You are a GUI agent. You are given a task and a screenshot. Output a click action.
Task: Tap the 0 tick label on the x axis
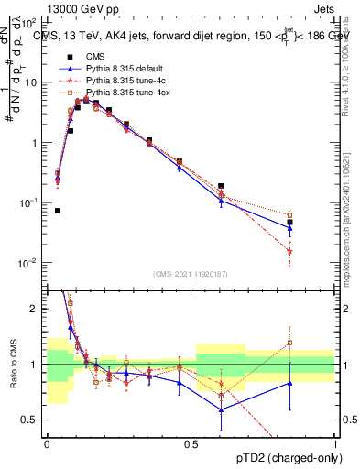[46, 443]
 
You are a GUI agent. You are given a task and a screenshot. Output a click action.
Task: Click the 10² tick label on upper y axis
[29, 22]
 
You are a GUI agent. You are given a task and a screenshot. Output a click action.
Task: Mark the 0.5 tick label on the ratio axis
[32, 420]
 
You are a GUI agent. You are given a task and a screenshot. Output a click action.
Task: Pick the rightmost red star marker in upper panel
[289, 251]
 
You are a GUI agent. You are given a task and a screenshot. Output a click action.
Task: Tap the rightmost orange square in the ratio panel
[289, 344]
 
